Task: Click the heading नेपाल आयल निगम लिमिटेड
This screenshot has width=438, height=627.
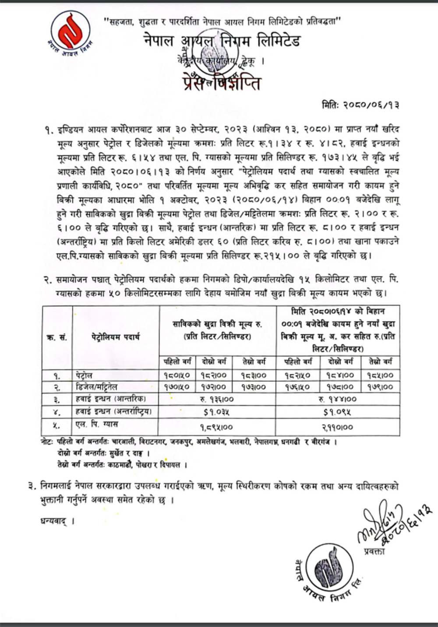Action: (222, 41)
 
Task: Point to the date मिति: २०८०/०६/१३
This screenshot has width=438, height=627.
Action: (360, 106)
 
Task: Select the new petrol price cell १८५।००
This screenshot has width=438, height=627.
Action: (380, 375)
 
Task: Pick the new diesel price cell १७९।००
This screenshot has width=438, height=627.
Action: (380, 387)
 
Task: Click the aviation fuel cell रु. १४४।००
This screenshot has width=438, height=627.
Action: (338, 399)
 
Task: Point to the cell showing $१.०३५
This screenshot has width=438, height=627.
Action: (217, 412)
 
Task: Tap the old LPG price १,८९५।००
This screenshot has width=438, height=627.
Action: (217, 426)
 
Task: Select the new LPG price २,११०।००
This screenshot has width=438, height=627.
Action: (338, 426)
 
